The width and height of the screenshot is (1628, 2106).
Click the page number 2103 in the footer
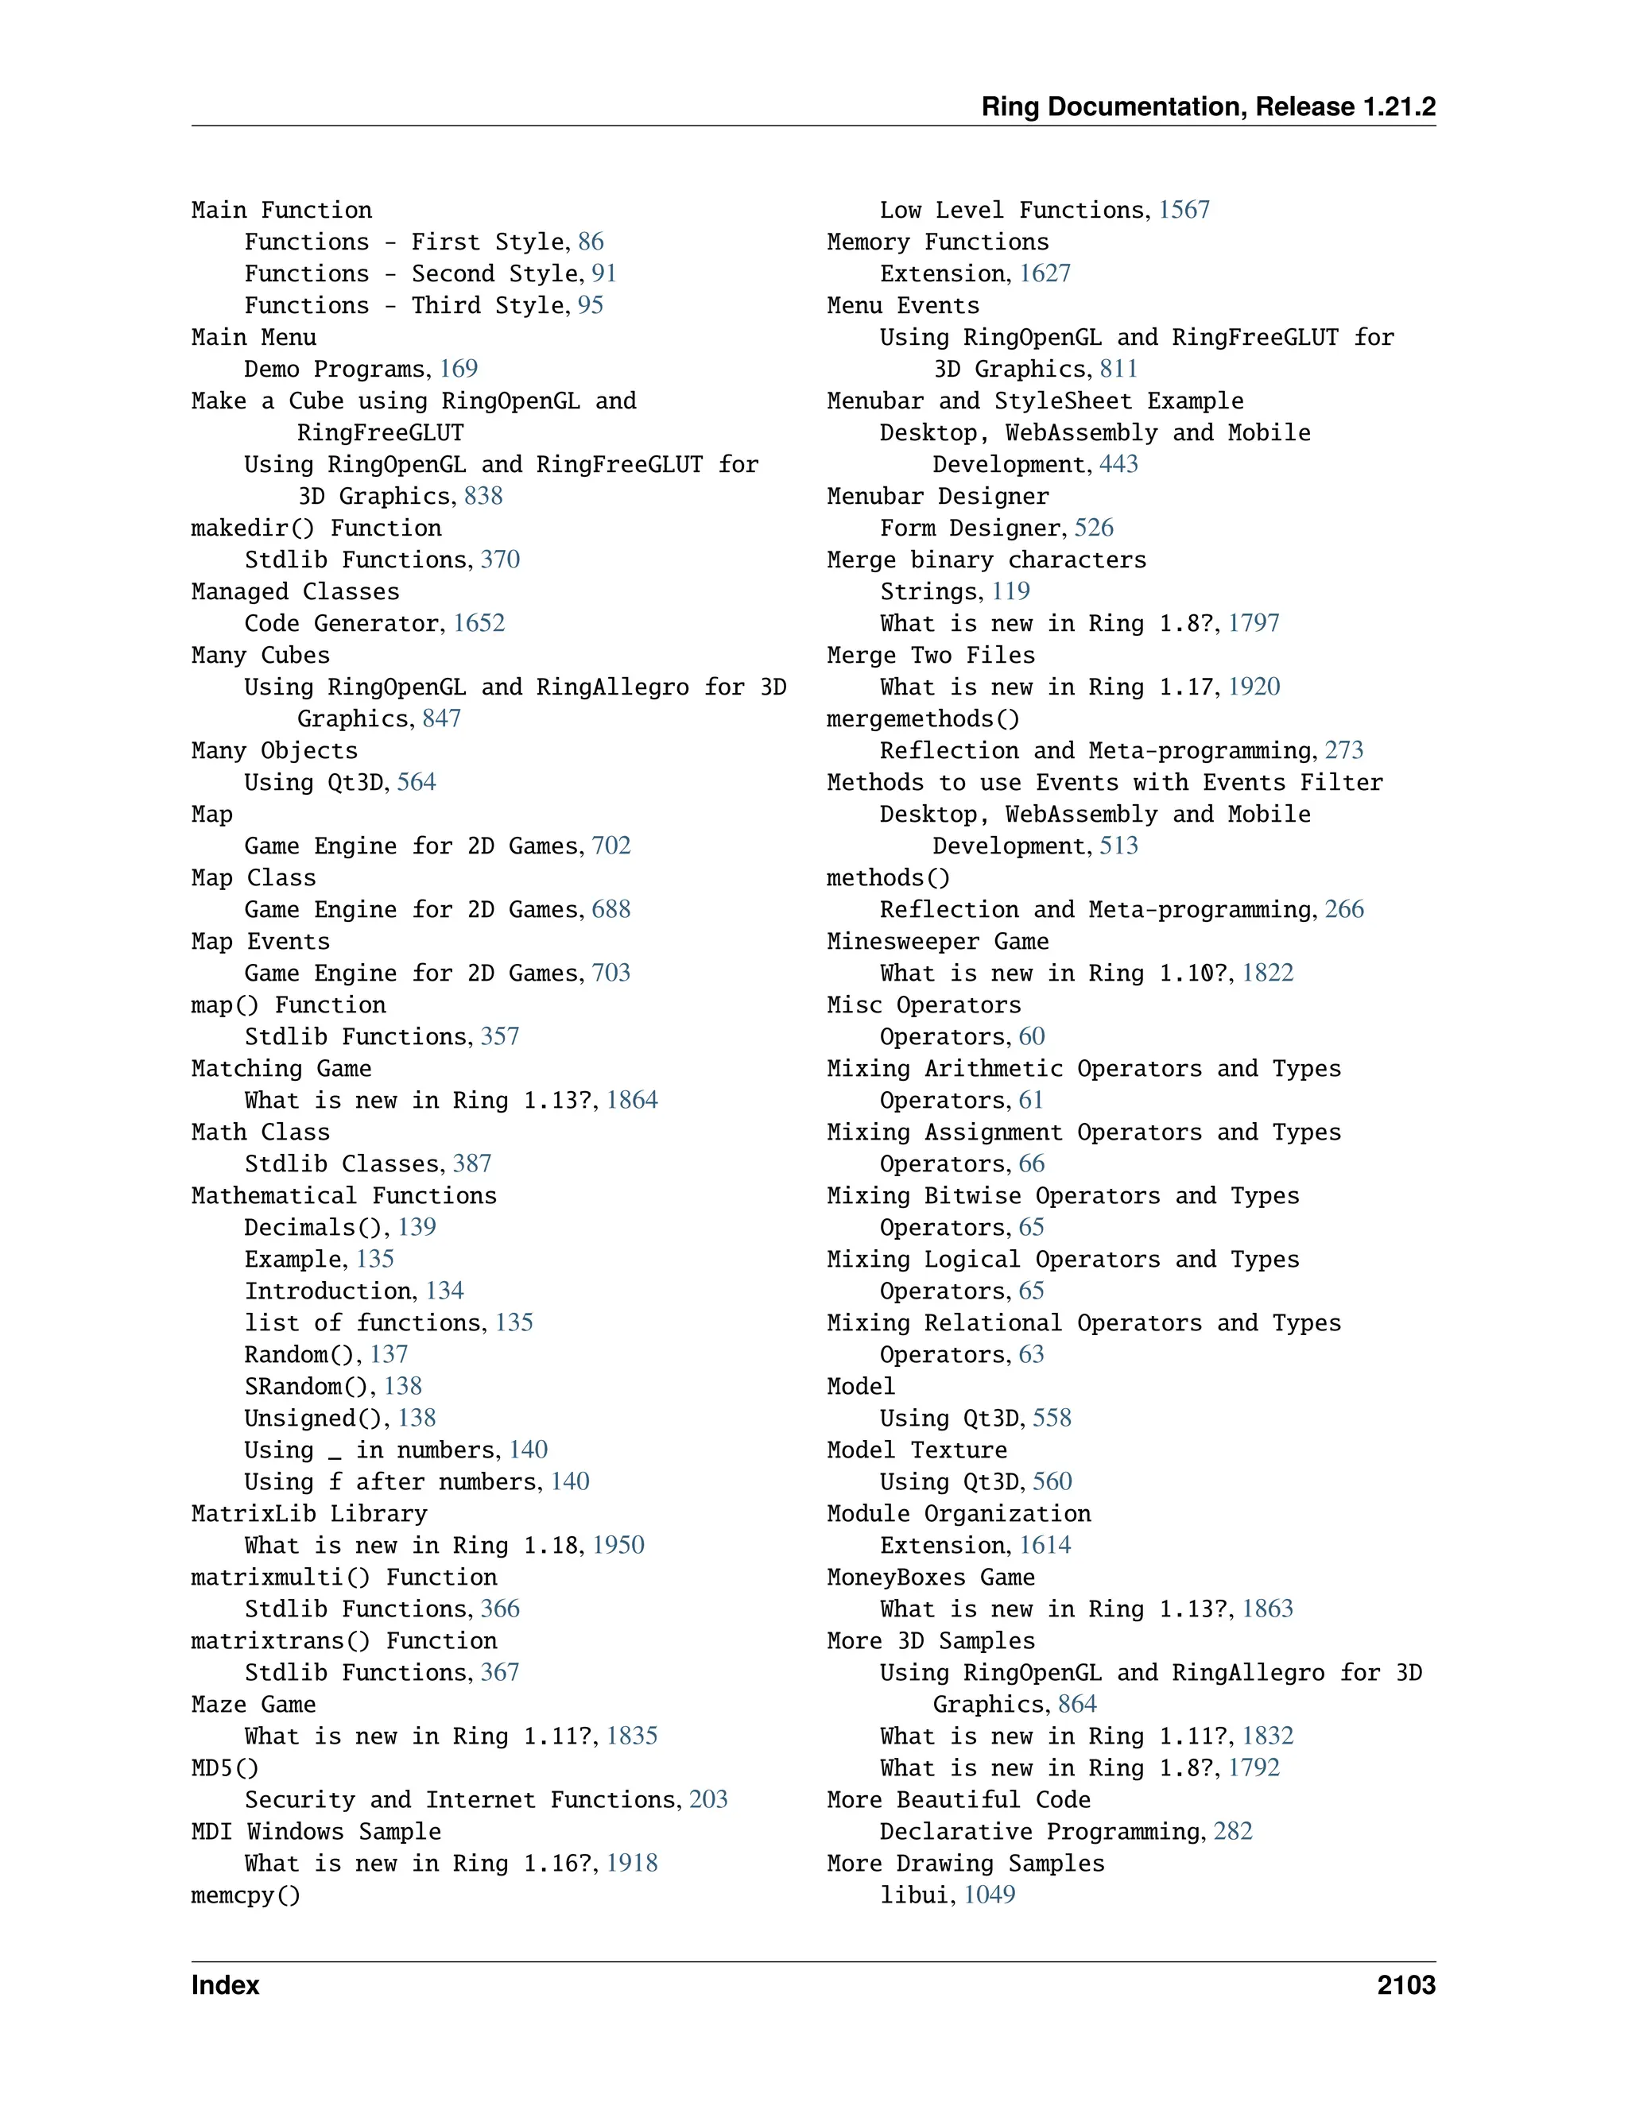pyautogui.click(x=1405, y=1985)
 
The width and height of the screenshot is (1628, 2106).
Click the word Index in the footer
pyautogui.click(x=225, y=1985)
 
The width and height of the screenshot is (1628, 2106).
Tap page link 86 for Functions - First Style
pyautogui.click(x=591, y=242)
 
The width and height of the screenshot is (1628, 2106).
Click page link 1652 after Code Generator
pyautogui.click(x=479, y=623)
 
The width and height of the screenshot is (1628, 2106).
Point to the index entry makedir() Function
pyautogui.click(x=316, y=528)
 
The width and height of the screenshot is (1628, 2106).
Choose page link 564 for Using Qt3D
pyautogui.click(x=416, y=782)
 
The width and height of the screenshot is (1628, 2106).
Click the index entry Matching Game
pyautogui.click(x=281, y=1068)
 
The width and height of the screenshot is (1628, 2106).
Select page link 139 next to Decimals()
pyautogui.click(x=417, y=1228)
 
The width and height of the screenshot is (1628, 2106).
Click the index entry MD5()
pyautogui.click(x=225, y=1768)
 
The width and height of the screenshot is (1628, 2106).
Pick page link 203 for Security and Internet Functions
pyautogui.click(x=708, y=1799)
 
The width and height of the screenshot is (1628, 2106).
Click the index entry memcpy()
pyautogui.click(x=245, y=1895)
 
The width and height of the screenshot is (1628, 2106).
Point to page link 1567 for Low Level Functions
pyautogui.click(x=1184, y=211)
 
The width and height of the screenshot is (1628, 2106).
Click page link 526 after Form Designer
pyautogui.click(x=1094, y=528)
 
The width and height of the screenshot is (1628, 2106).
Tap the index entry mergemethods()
pyautogui.click(x=922, y=719)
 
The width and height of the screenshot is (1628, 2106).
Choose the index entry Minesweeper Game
pyautogui.click(x=937, y=942)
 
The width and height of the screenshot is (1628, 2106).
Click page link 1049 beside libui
pyautogui.click(x=990, y=1895)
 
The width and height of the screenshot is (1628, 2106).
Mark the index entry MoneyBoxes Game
pyautogui.click(x=931, y=1578)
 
